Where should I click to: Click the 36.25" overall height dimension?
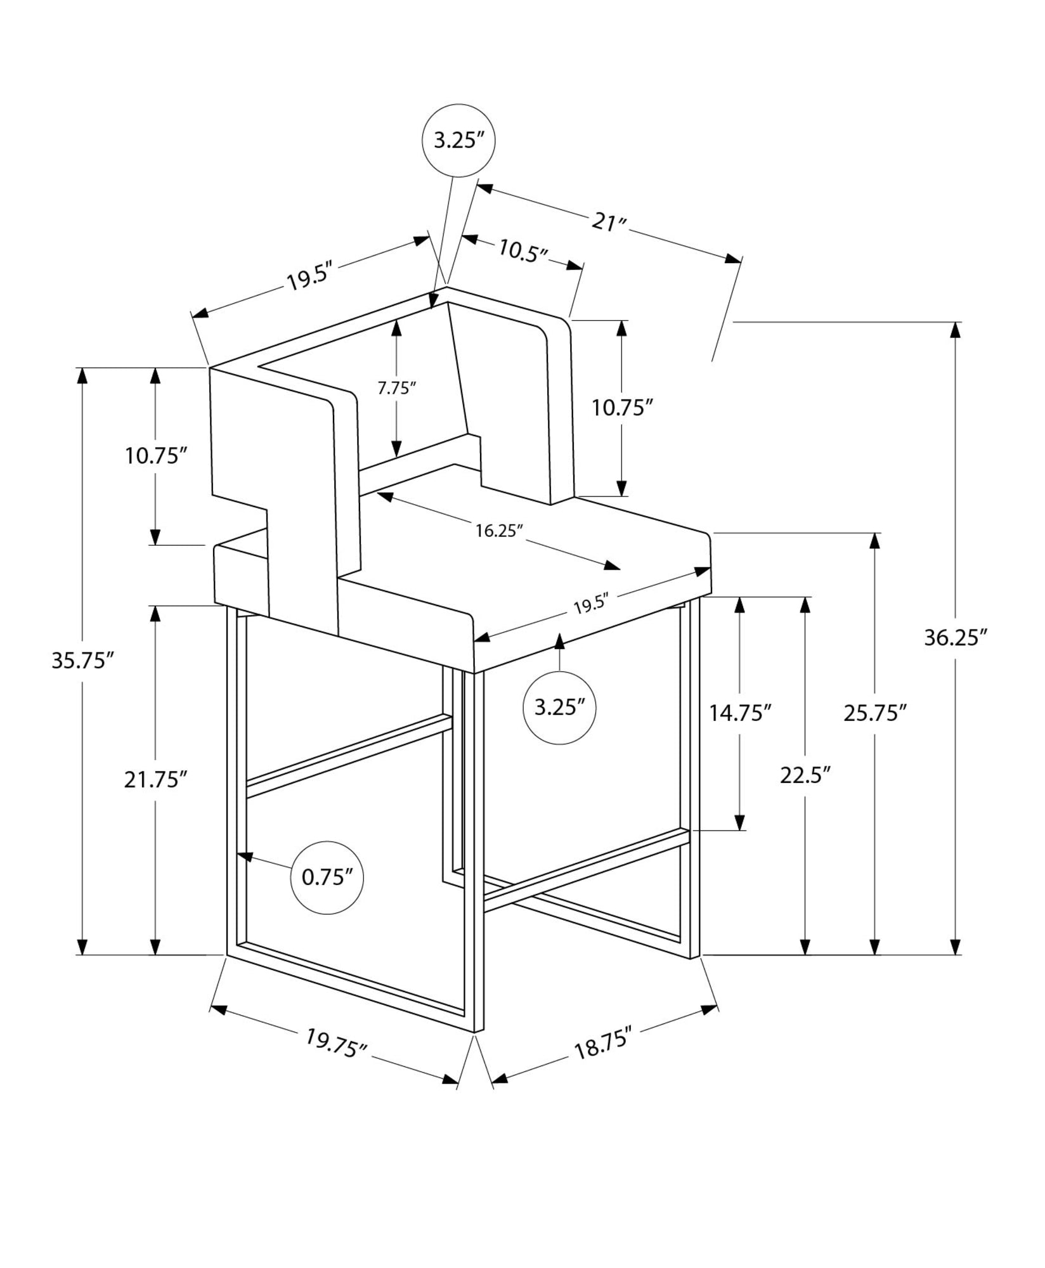(x=956, y=637)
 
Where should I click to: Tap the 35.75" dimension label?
(x=82, y=661)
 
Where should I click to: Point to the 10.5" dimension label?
(x=522, y=250)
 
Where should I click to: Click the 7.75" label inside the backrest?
(x=396, y=388)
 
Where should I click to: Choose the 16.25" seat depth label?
(x=499, y=531)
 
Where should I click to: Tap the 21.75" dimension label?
(x=155, y=780)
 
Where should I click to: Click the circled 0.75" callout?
(x=327, y=877)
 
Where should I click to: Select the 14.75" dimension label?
(x=740, y=713)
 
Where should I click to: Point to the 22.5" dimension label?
(x=805, y=775)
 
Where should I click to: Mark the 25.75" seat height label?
(x=875, y=713)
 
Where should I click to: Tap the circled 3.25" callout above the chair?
(x=458, y=140)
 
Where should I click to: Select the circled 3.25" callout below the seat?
(x=559, y=708)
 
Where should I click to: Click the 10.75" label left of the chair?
(x=157, y=456)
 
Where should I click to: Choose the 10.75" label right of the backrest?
(x=622, y=408)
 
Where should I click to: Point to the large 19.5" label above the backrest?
(x=310, y=277)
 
